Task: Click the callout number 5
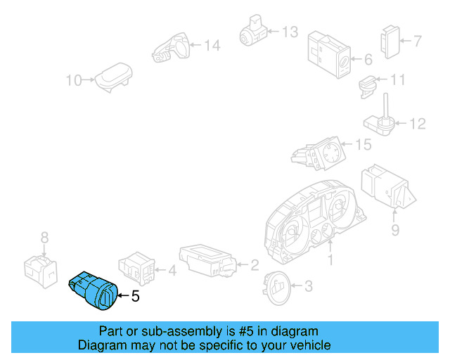click(135, 297)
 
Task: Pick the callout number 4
click(172, 269)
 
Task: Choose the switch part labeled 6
click(328, 53)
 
